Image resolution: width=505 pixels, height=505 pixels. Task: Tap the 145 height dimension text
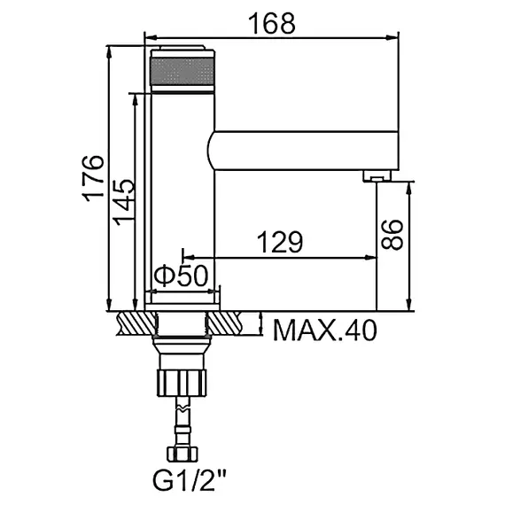point(124,201)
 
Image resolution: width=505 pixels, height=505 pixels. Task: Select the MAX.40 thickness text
point(324,330)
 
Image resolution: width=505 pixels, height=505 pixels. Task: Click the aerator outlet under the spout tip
point(376,178)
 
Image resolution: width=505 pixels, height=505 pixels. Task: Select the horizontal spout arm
point(301,151)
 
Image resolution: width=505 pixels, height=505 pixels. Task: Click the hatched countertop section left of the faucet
point(131,323)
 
